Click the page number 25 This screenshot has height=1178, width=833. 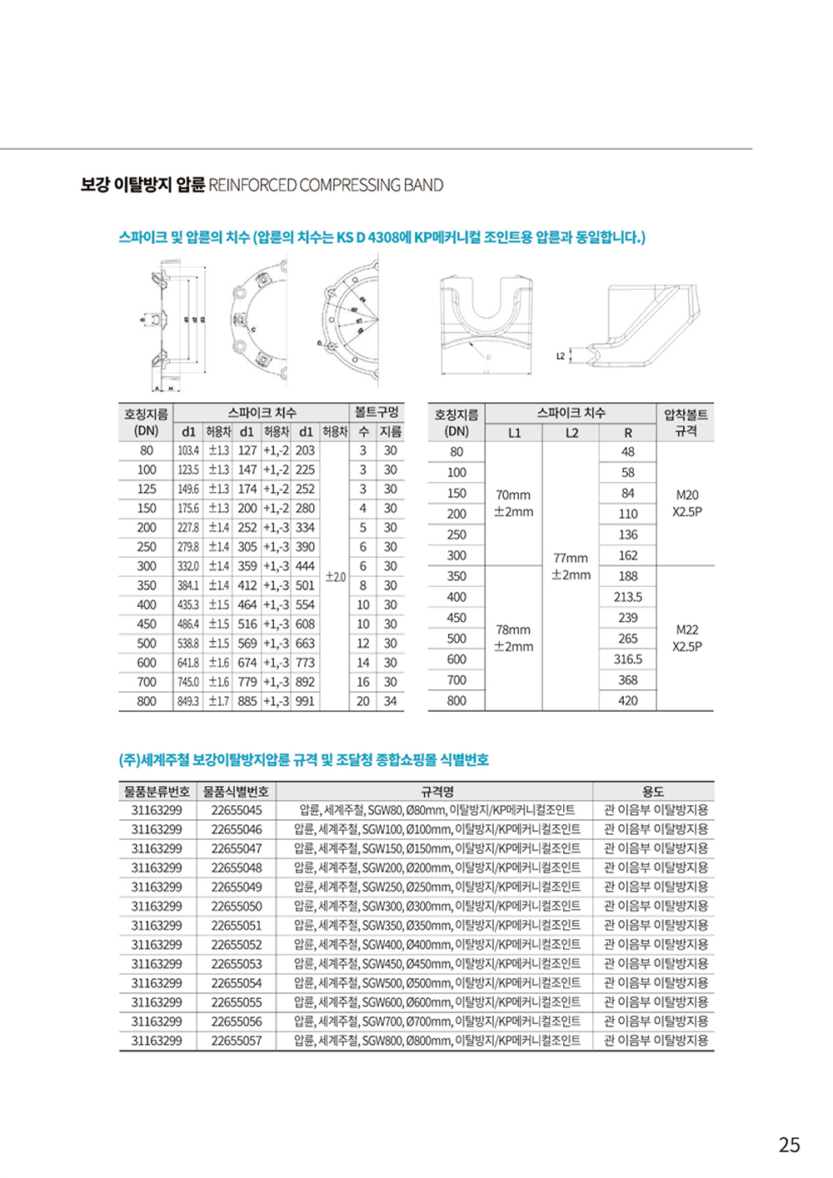(789, 1145)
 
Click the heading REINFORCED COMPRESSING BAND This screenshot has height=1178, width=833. (326, 185)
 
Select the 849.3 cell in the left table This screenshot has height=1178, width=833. (188, 702)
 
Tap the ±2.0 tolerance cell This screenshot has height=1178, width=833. (336, 576)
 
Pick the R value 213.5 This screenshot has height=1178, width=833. (627, 597)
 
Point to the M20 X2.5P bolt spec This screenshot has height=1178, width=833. (686, 503)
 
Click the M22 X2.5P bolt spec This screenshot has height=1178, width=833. (686, 638)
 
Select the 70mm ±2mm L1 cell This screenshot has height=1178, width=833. (513, 503)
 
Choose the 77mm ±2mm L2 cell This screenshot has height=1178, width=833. (571, 566)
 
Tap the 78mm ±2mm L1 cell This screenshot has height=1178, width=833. (513, 638)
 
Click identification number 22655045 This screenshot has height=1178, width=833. (237, 810)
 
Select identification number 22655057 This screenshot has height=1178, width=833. (237, 1041)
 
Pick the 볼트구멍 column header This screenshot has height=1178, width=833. (377, 412)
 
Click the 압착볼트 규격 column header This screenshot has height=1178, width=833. (686, 422)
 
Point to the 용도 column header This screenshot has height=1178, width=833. (653, 791)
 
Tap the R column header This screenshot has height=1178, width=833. (627, 433)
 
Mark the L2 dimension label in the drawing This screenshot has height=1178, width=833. (561, 356)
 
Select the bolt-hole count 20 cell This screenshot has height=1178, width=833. (363, 702)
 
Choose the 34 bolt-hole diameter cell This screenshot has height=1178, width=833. (390, 702)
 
